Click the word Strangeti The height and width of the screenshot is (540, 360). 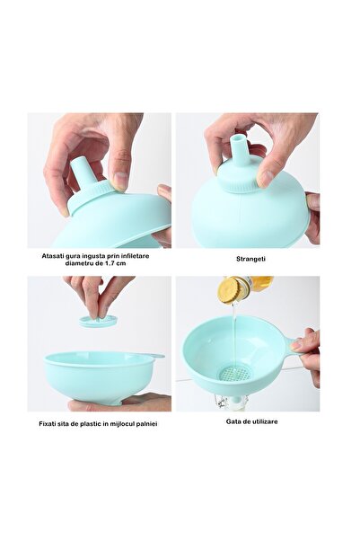[250, 259]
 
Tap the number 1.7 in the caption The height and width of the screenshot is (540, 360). [110, 263]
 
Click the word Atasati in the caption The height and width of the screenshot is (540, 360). [52, 256]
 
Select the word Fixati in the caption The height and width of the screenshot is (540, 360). [48, 423]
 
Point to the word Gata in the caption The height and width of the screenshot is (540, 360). [233, 421]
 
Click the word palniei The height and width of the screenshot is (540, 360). [146, 423]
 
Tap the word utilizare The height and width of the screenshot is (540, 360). [263, 421]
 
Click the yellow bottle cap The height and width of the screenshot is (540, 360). [230, 290]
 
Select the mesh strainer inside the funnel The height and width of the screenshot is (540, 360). [234, 373]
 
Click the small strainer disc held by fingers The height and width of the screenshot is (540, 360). [98, 322]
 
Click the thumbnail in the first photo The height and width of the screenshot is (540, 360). [121, 181]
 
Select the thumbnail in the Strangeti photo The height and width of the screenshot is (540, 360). [266, 178]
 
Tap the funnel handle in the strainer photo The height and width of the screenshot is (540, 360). [155, 356]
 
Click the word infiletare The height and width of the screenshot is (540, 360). [135, 256]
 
